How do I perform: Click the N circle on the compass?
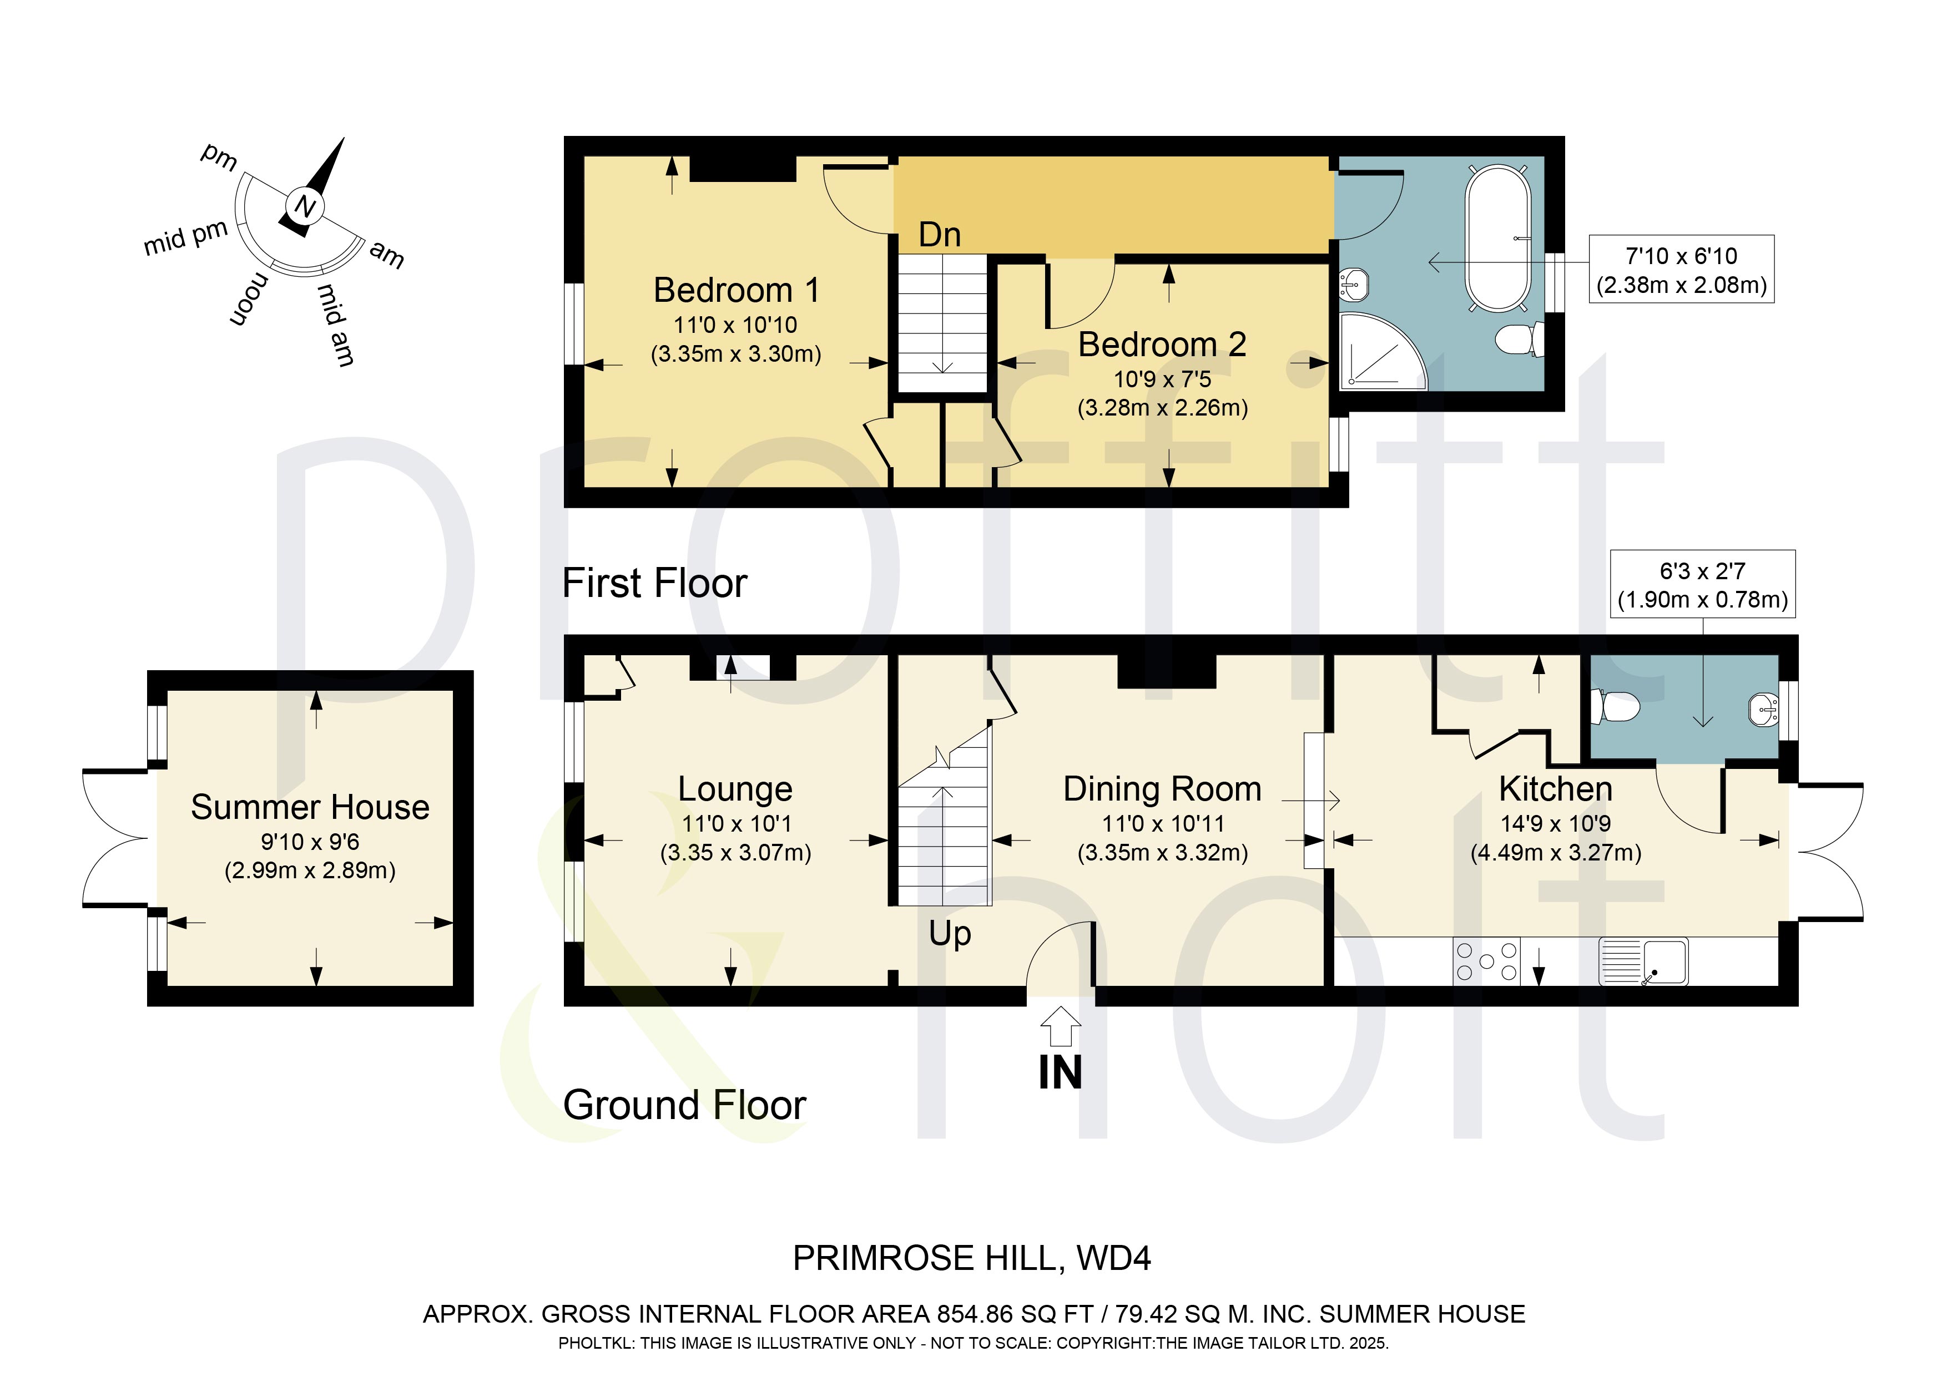point(305,206)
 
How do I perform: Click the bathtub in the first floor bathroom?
point(1499,238)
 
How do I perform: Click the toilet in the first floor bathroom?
point(1519,340)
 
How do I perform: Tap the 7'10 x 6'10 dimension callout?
point(1682,270)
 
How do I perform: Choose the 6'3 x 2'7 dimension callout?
point(1703,584)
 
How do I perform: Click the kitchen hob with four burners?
point(1486,961)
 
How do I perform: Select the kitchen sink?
point(1643,961)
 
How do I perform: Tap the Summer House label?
point(310,807)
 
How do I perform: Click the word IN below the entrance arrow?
point(1060,1072)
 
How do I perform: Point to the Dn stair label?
point(940,235)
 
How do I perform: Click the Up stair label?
point(950,934)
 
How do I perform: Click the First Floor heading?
point(655,583)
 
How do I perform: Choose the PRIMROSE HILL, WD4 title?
point(972,1258)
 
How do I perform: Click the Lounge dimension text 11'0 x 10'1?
point(736,823)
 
